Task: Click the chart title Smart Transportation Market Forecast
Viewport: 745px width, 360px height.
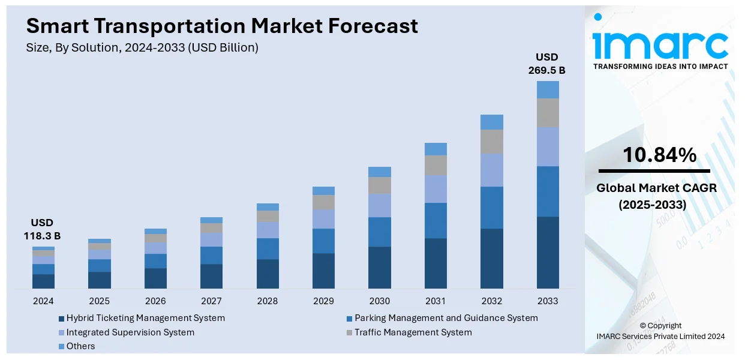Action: pos(222,26)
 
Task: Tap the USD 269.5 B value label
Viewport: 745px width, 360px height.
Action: pos(546,64)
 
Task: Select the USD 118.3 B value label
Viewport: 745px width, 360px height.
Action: pos(43,230)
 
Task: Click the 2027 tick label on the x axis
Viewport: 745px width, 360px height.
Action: pos(211,301)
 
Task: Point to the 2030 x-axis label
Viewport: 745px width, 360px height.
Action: pos(379,301)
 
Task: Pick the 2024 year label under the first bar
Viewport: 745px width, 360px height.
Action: pos(43,301)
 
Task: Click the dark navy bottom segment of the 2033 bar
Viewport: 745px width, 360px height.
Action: pos(548,252)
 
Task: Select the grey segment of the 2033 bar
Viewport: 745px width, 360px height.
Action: pos(548,113)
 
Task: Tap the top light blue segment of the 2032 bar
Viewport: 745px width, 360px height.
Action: pos(492,122)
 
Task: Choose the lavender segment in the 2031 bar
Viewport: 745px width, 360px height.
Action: pos(435,189)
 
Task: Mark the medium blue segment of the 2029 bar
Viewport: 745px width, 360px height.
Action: pos(323,241)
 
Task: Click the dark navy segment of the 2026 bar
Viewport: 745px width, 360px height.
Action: pos(155,278)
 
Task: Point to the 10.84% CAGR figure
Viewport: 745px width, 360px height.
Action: pos(659,155)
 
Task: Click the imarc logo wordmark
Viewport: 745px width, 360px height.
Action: pos(660,43)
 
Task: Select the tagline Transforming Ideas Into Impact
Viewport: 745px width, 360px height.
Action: pos(660,67)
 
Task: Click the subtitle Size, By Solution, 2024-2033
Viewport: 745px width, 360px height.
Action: pos(142,48)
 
